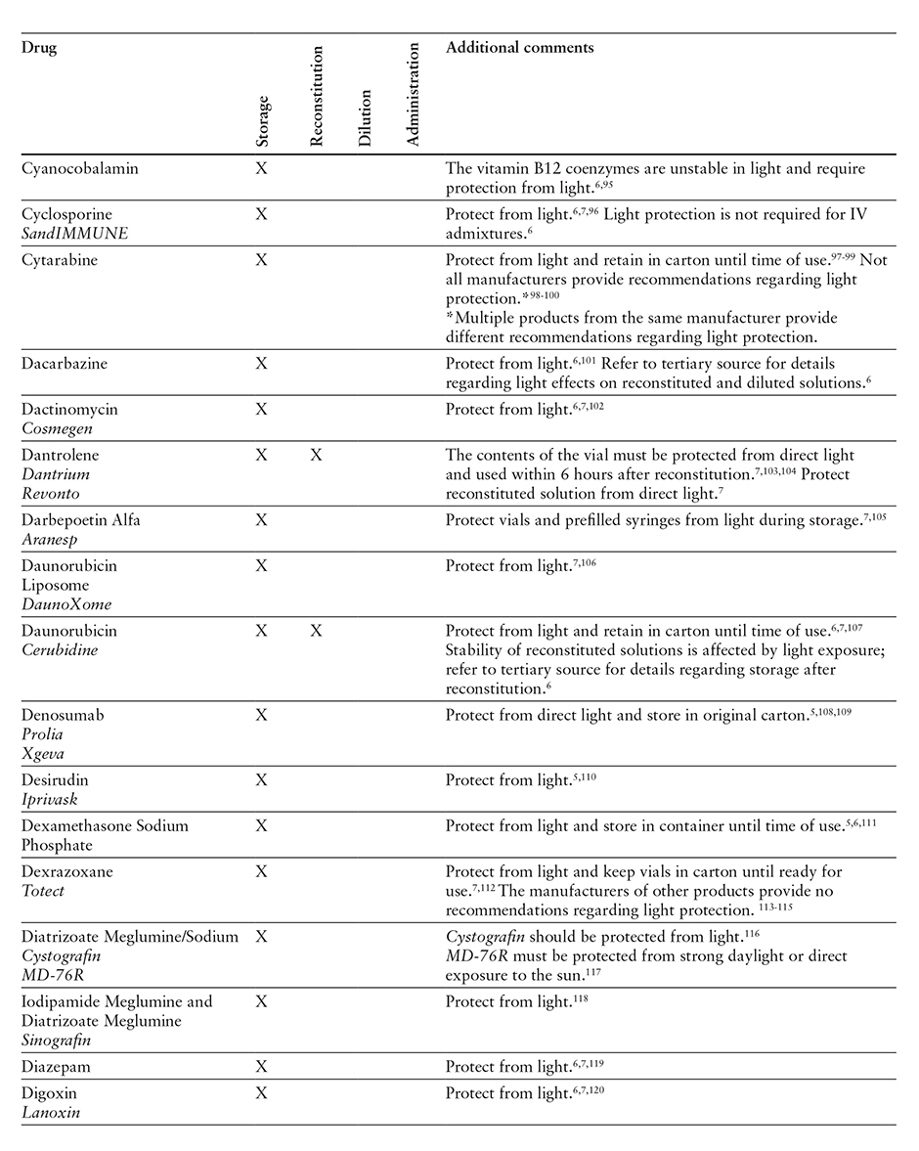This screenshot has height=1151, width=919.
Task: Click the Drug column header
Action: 39,48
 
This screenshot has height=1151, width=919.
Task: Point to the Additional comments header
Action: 519,48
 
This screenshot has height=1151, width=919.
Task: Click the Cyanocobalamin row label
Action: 80,168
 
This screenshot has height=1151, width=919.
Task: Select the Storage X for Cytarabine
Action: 261,261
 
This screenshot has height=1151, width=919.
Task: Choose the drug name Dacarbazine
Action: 65,363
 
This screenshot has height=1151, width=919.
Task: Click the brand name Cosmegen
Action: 54,427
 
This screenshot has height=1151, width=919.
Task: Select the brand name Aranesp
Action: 49,538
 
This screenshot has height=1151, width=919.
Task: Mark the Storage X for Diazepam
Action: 261,1066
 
